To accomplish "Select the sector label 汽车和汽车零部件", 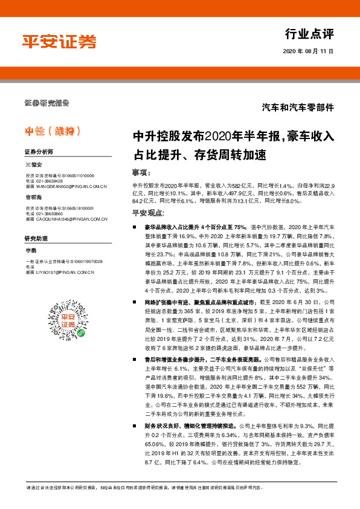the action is click(x=298, y=107).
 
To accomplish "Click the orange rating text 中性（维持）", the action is click(x=53, y=131).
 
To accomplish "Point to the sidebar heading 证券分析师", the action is click(x=39, y=151).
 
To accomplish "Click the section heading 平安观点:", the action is click(x=149, y=213).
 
